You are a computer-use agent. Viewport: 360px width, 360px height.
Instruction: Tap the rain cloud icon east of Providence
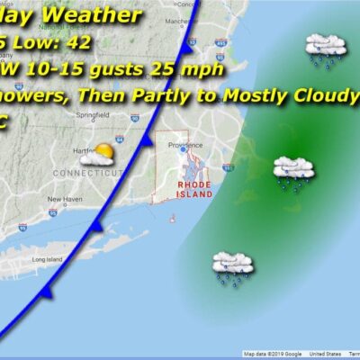pos(292,171)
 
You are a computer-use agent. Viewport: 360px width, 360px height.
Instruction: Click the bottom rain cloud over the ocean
pos(231,267)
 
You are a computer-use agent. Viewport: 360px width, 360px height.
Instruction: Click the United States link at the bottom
pos(311,355)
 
